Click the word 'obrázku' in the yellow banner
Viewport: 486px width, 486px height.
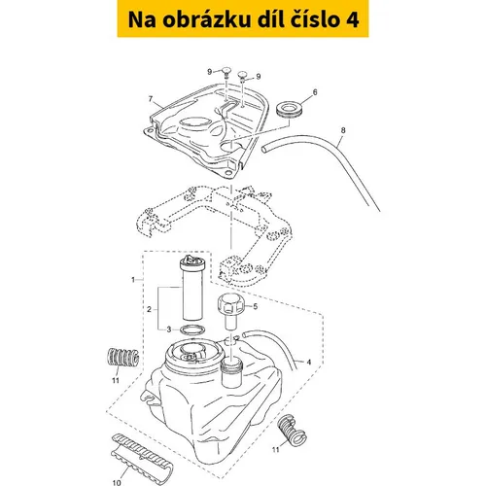(206, 19)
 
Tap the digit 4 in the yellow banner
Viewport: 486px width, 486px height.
(353, 19)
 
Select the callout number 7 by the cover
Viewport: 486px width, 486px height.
(151, 99)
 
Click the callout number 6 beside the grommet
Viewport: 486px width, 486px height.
(315, 92)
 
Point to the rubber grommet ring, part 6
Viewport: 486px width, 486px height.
(290, 109)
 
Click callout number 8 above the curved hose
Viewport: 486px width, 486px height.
(343, 130)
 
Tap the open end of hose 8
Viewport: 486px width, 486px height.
(264, 149)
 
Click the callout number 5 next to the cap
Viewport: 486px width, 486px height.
(255, 306)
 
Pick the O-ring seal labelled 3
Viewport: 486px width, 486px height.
(192, 330)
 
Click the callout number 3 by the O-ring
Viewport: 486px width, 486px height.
(168, 330)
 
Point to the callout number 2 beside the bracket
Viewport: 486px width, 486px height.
(149, 309)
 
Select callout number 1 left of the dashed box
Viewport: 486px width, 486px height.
(133, 279)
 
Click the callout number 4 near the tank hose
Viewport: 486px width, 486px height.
(308, 362)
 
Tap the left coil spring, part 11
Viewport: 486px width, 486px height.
(122, 358)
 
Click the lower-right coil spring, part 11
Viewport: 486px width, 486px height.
(292, 430)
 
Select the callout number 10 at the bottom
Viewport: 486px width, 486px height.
(117, 482)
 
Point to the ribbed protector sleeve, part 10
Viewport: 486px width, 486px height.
(142, 456)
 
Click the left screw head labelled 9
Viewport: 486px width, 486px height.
(226, 71)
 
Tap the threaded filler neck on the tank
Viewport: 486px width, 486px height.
(231, 372)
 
